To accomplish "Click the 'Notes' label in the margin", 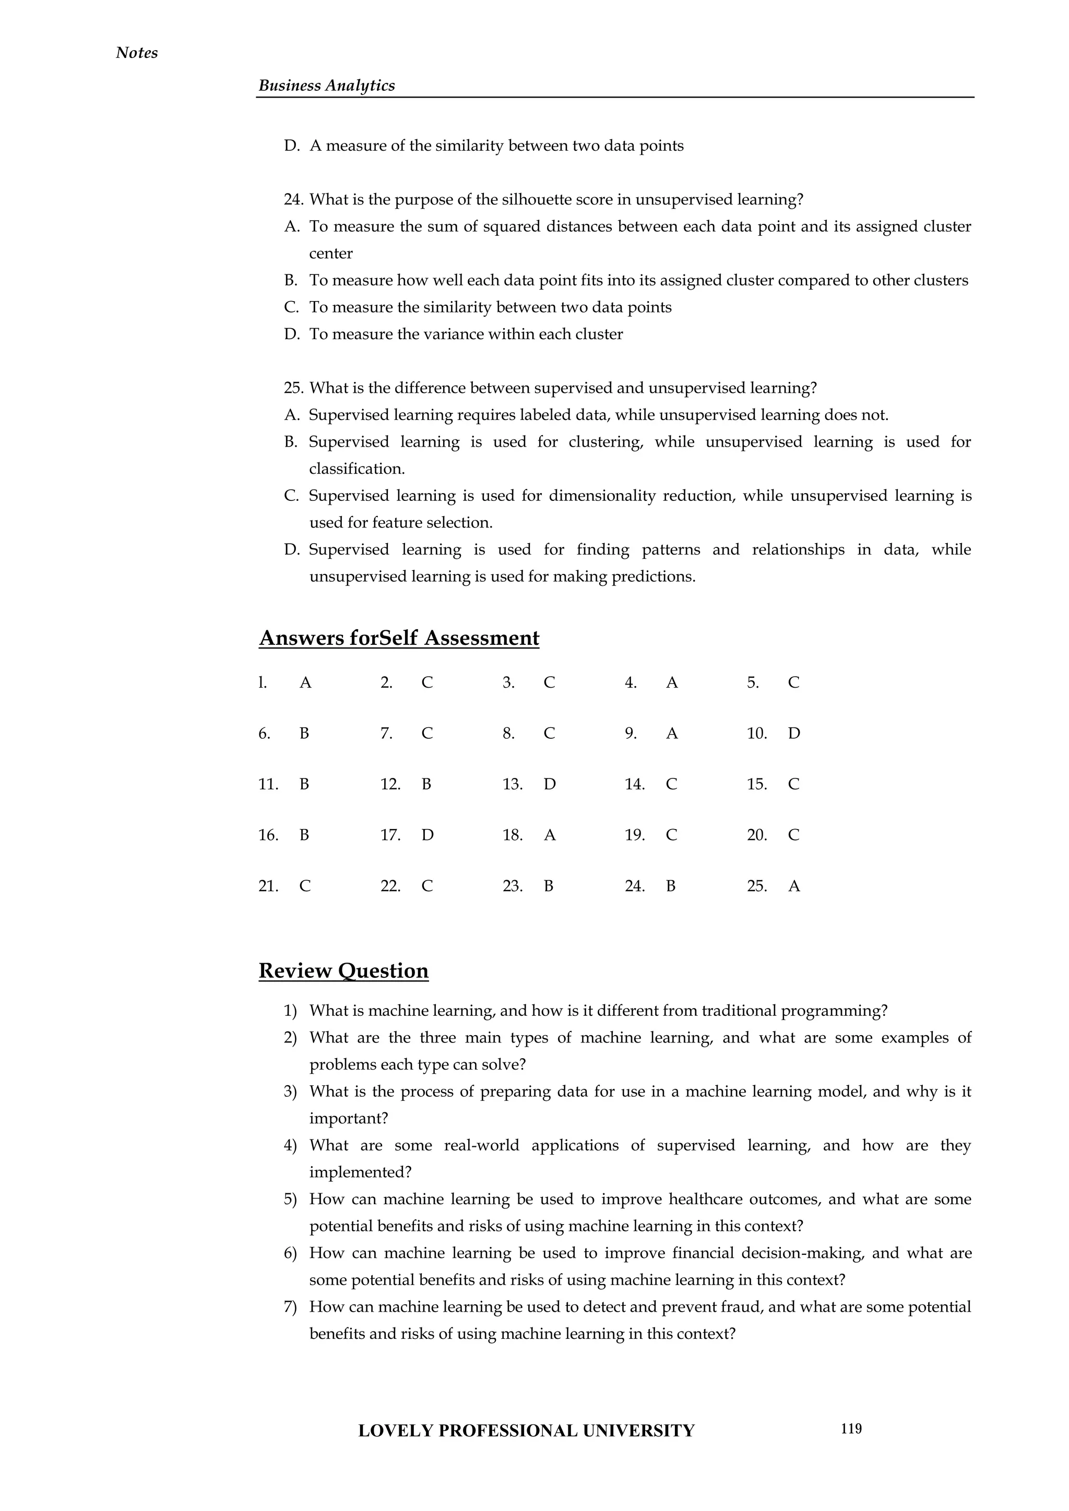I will tap(136, 53).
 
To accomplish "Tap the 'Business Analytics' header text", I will tap(326, 86).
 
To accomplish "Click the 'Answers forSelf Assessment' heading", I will tap(398, 638).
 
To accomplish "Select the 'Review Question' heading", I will tap(343, 970).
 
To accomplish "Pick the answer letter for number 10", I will tap(794, 734).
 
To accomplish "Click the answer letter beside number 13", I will tap(550, 784).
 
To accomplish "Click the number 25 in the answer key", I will tap(756, 886).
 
